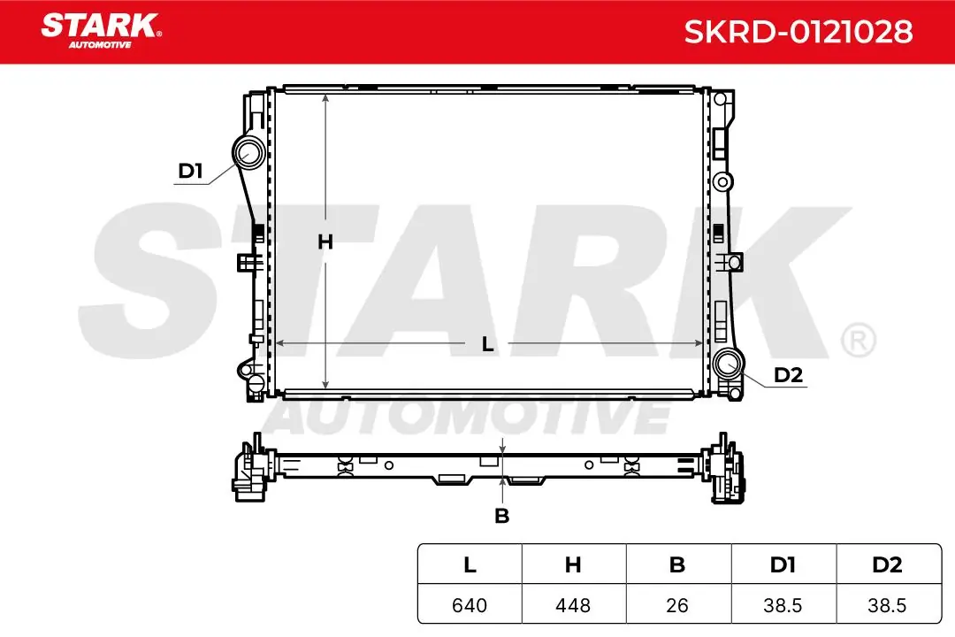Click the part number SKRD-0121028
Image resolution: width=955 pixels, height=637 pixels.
(798, 32)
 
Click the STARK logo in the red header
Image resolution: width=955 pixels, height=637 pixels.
(101, 30)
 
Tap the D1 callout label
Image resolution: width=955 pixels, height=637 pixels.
(190, 171)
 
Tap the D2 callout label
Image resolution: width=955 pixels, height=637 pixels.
(788, 375)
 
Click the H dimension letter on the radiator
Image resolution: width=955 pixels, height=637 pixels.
(325, 242)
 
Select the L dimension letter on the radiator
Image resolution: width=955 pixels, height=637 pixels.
(487, 344)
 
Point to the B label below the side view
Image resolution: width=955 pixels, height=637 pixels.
(502, 516)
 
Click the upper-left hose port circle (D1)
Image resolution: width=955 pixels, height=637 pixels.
(248, 151)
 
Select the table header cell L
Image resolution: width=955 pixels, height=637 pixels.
(470, 564)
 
